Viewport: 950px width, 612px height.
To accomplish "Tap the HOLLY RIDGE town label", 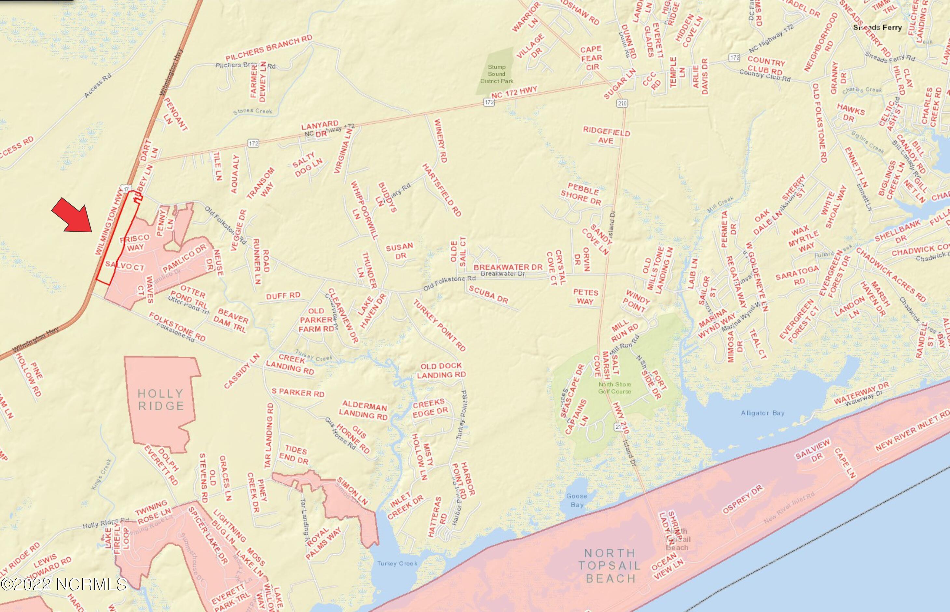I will (160, 400).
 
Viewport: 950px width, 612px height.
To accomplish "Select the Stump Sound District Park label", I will (496, 74).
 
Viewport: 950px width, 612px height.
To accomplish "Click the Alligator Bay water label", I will (763, 413).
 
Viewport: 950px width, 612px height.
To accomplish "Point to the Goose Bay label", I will (577, 500).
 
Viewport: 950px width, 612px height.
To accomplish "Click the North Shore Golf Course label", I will (614, 388).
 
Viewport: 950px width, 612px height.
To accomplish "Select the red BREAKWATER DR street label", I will (508, 267).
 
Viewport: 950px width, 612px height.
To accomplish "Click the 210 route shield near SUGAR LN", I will (623, 104).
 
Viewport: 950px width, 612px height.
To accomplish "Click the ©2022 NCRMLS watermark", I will (63, 585).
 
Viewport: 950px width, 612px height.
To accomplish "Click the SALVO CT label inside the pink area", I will (124, 266).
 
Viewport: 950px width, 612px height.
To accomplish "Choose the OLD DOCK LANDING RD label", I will (441, 370).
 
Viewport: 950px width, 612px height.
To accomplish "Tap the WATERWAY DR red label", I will (860, 394).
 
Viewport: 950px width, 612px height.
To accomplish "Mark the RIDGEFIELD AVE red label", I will (606, 136).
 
